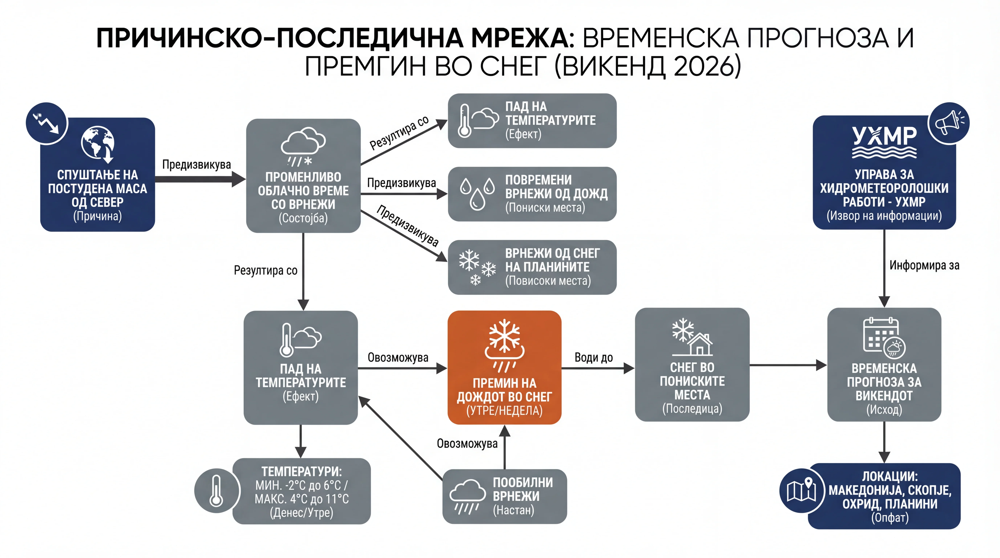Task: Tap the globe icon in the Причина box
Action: pyautogui.click(x=98, y=143)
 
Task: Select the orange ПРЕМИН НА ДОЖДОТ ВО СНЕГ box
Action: pyautogui.click(x=504, y=367)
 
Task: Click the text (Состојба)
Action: pyautogui.click(x=303, y=218)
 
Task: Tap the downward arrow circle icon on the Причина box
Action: pyautogui.click(x=47, y=123)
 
